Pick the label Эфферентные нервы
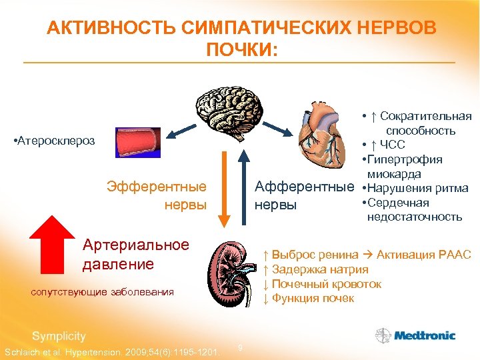tap(157, 195)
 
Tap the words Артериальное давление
tap(127, 254)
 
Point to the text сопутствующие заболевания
tap(103, 291)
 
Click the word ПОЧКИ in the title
tap(241, 51)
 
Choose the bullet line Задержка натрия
tap(316, 269)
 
